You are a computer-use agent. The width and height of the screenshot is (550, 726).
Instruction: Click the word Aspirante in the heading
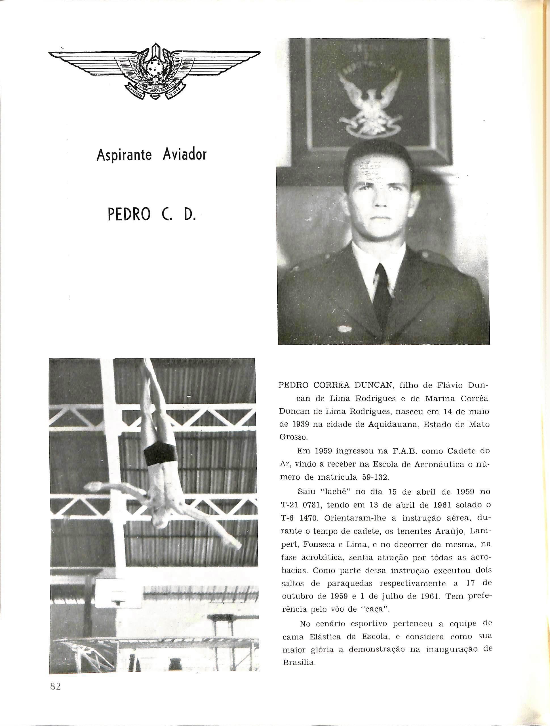tap(124, 155)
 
